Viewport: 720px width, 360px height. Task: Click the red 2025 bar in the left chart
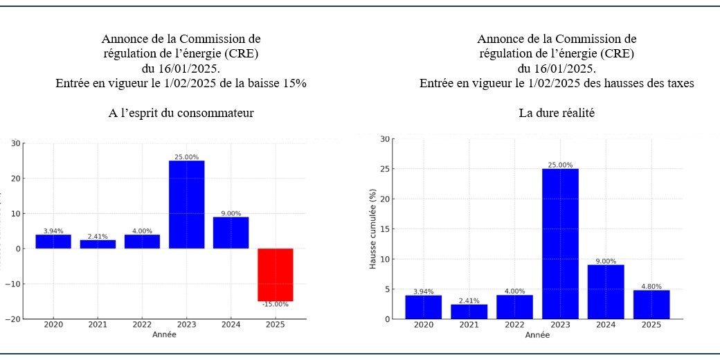[x=275, y=274]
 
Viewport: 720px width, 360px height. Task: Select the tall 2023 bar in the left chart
[x=186, y=204]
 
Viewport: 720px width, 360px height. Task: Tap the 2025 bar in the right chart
[x=651, y=305]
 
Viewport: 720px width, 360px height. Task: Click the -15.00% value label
[x=275, y=305]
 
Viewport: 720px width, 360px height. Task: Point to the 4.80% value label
[x=651, y=286]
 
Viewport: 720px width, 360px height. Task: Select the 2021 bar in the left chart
[x=98, y=244]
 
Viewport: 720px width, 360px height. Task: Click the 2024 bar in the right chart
[x=606, y=291]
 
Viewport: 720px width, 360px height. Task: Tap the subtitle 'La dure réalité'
[x=557, y=113]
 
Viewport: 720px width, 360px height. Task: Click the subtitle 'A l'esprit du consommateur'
[x=181, y=113]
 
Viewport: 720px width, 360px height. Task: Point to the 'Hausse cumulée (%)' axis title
[x=372, y=228]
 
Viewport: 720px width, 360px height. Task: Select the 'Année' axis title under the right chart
[x=537, y=335]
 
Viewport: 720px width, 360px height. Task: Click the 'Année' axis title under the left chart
[x=163, y=334]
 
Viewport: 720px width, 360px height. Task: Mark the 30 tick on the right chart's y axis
[x=384, y=139]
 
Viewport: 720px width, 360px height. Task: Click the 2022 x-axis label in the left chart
[x=142, y=324]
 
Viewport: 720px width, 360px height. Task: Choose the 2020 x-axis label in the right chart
[x=424, y=324]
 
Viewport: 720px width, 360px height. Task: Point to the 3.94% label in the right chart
[x=424, y=291]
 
